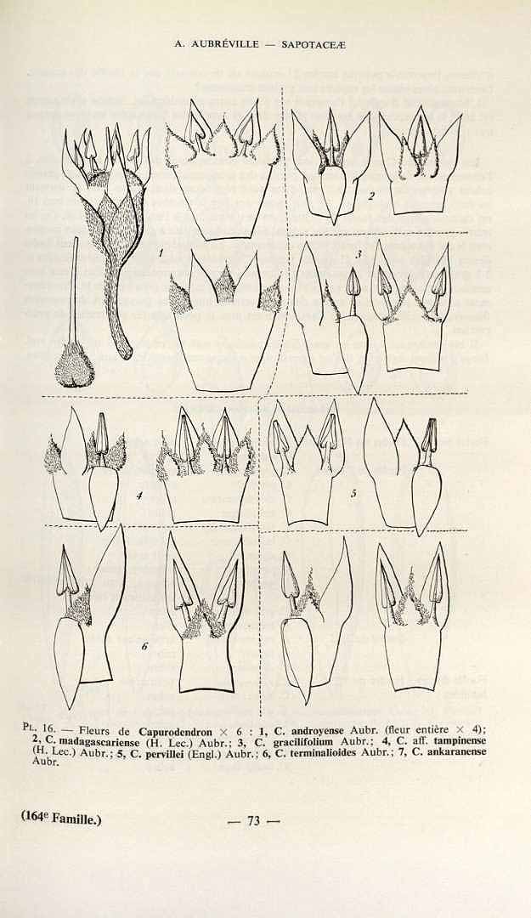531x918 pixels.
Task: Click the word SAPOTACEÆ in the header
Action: (314, 44)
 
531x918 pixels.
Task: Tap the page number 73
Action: (253, 821)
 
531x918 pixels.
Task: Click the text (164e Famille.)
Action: (61, 818)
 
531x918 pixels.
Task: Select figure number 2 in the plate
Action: (370, 197)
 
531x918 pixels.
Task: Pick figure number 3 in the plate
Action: (359, 255)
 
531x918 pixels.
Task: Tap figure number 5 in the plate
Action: (353, 494)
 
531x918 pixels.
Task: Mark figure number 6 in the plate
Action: (144, 646)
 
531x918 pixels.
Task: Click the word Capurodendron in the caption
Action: (175, 732)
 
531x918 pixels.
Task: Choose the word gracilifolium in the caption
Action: (304, 742)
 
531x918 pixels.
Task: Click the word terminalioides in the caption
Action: (318, 753)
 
